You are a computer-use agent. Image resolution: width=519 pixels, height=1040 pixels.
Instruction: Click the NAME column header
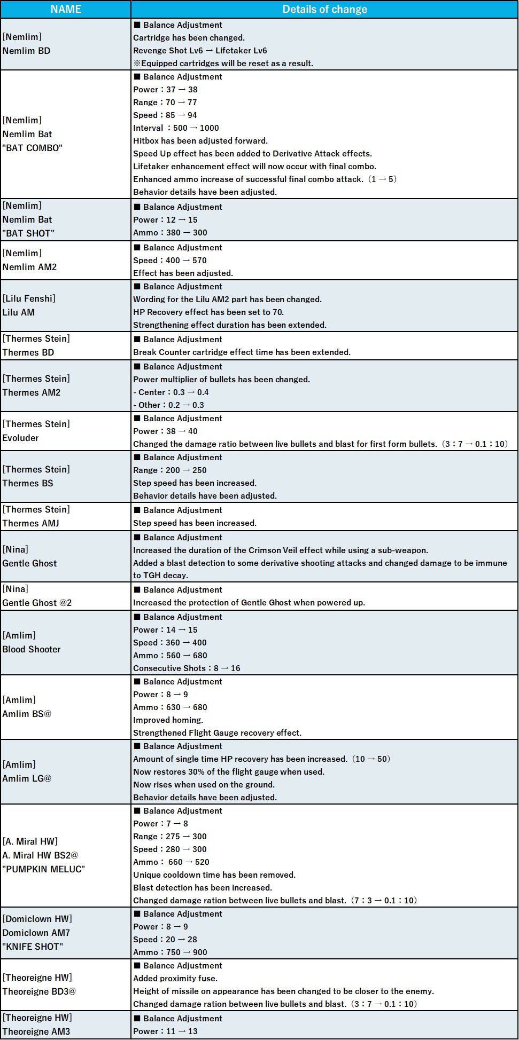pyautogui.click(x=66, y=9)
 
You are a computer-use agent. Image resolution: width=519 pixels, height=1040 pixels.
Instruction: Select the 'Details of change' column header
pyautogui.click(x=324, y=9)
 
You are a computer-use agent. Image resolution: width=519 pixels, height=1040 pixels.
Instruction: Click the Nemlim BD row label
pyautogui.click(x=26, y=51)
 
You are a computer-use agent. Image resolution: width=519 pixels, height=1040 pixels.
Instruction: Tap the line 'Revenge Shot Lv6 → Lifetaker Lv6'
pyautogui.click(x=200, y=51)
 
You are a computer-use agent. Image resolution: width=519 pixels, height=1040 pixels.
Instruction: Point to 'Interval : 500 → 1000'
pyautogui.click(x=176, y=128)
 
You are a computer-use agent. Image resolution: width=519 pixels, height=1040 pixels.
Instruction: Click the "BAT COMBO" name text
pyautogui.click(x=32, y=148)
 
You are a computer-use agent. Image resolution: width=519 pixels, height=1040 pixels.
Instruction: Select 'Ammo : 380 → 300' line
pyautogui.click(x=170, y=233)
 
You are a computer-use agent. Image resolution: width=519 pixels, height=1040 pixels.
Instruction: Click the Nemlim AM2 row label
pyautogui.click(x=29, y=267)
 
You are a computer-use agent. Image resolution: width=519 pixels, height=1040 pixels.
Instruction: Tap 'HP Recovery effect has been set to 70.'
pyautogui.click(x=208, y=312)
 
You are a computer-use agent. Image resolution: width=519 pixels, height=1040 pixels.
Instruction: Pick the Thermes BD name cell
pyautogui.click(x=28, y=352)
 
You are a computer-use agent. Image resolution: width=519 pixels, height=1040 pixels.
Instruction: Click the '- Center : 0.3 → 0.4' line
pyautogui.click(x=171, y=392)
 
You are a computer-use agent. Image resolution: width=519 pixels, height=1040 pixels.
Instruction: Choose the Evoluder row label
pyautogui.click(x=21, y=438)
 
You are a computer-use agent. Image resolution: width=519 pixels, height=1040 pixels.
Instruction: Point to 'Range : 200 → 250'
pyautogui.click(x=170, y=470)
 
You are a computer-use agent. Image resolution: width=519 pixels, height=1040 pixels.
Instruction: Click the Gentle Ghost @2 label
pyautogui.click(x=37, y=603)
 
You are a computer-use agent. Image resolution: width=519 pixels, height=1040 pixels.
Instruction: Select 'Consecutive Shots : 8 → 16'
pyautogui.click(x=187, y=668)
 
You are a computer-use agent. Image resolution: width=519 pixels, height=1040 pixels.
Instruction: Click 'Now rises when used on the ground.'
pyautogui.click(x=204, y=785)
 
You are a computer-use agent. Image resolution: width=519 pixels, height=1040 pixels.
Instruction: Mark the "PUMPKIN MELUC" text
pyautogui.click(x=43, y=869)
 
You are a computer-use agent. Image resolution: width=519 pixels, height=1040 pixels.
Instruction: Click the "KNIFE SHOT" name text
pyautogui.click(x=33, y=947)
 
